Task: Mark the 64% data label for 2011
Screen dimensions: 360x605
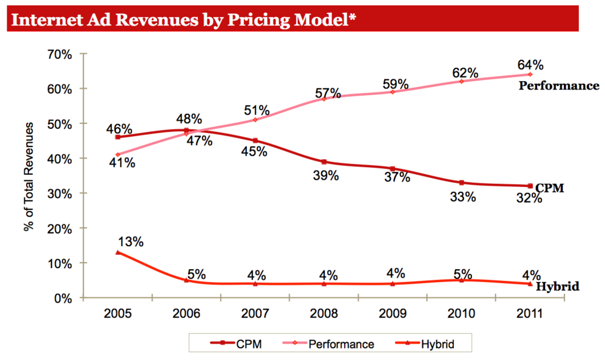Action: (x=530, y=65)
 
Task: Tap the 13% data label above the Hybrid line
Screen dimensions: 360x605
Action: (x=130, y=241)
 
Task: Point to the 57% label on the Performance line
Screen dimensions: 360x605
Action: (x=327, y=93)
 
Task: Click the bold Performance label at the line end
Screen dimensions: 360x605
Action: (x=559, y=86)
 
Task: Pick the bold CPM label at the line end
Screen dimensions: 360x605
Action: (x=550, y=188)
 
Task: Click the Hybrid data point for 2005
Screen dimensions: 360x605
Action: (x=117, y=252)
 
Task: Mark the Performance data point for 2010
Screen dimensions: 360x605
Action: (x=462, y=81)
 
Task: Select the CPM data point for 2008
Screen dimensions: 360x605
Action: (x=324, y=162)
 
